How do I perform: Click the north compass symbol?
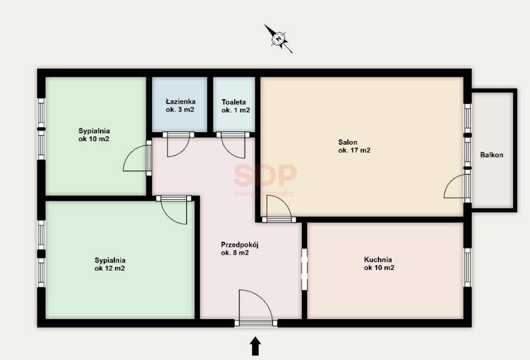click(x=278, y=38)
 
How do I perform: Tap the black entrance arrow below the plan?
click(x=255, y=346)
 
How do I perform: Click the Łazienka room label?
click(x=180, y=102)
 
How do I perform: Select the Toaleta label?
click(x=234, y=102)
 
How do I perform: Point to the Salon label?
click(x=348, y=142)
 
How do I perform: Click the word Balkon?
click(x=492, y=155)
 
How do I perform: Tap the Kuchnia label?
click(x=378, y=259)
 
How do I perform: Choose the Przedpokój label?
click(x=239, y=244)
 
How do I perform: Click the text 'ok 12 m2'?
click(x=110, y=268)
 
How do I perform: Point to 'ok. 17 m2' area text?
click(x=354, y=151)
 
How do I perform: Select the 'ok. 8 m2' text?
click(x=235, y=253)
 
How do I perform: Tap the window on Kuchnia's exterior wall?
click(x=467, y=267)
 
